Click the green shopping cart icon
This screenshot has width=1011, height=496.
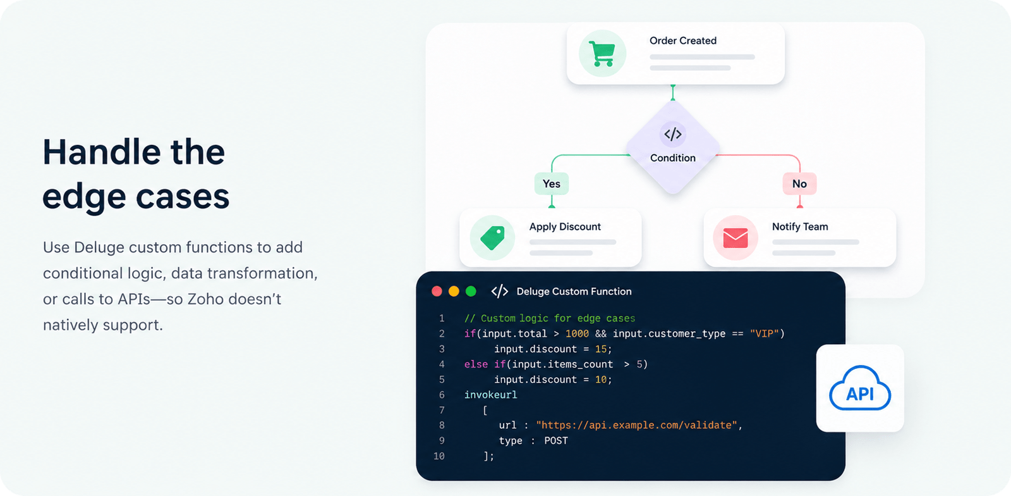602,54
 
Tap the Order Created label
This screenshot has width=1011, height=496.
683,40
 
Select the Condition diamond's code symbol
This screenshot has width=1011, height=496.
672,134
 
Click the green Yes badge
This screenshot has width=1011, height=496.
552,184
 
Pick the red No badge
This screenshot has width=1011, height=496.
799,184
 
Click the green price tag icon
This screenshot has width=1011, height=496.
492,238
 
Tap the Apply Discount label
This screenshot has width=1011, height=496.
565,226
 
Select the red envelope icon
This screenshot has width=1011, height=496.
736,238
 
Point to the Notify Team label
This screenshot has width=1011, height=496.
800,226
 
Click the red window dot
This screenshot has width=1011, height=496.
437,292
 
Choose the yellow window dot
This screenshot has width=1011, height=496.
454,292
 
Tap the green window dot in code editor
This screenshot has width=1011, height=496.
471,292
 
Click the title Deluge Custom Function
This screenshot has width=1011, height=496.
574,292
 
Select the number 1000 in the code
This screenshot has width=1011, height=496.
577,334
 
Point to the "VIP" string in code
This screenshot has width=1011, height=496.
764,334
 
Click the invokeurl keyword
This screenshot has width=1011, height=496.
490,395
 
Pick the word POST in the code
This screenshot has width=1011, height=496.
556,441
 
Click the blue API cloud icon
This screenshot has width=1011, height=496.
860,388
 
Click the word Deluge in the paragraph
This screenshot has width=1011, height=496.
99,247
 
